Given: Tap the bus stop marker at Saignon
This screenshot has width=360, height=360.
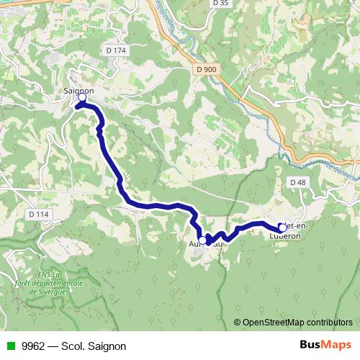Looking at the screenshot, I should (x=82, y=97).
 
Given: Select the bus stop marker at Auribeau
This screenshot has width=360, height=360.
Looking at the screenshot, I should (x=202, y=240).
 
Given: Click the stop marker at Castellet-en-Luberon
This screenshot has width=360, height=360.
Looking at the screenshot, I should (x=282, y=228).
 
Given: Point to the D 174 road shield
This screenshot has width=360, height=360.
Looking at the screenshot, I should (x=115, y=50).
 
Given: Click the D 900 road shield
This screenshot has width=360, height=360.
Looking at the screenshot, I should (x=206, y=69).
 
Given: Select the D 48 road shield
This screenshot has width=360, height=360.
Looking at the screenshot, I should (x=298, y=182).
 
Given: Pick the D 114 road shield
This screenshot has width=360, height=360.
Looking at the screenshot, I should (x=40, y=215).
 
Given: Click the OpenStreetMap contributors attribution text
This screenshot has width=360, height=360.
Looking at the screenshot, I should (x=297, y=322).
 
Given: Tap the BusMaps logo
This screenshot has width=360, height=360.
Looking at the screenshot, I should (x=325, y=345).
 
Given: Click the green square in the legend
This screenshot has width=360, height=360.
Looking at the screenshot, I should (x=9, y=346).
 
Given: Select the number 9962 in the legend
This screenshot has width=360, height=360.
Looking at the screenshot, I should (x=32, y=346).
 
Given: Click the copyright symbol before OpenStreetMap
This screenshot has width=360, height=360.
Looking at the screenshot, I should (x=238, y=322).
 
